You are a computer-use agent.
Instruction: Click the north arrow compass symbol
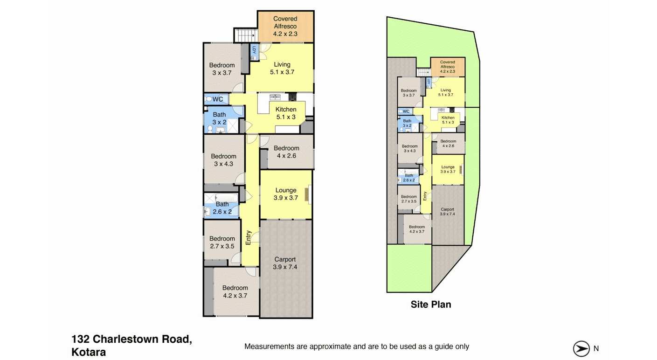click(581, 349)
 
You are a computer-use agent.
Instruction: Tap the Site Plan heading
click(430, 305)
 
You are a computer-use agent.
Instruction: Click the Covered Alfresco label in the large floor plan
click(285, 26)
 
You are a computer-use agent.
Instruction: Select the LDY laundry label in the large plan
click(254, 50)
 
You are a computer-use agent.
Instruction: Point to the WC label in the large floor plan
click(218, 99)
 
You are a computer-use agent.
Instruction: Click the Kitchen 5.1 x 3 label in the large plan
click(286, 113)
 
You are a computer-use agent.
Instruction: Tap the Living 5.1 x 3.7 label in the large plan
click(282, 68)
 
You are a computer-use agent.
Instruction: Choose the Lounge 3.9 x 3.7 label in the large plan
click(286, 194)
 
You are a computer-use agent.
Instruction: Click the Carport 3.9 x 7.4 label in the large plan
click(285, 263)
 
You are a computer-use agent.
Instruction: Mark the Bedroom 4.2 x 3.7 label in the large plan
click(235, 291)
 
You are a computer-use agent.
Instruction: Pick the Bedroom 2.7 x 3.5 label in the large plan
click(222, 242)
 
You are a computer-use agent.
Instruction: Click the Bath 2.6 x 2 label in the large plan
click(222, 208)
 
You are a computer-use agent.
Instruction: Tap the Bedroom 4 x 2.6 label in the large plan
click(287, 152)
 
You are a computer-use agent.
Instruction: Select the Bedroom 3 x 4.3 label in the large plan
click(223, 160)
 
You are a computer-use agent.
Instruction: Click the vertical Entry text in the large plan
click(248, 238)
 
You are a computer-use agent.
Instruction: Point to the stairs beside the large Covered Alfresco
click(246, 35)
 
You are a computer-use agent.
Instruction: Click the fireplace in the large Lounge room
click(307, 194)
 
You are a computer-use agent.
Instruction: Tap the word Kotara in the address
click(89, 352)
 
